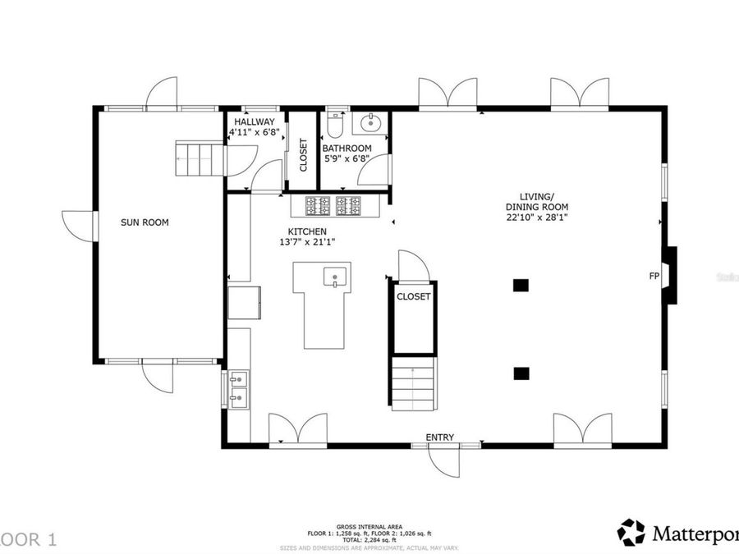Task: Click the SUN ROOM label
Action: pos(145,222)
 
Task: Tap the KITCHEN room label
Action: pos(307,231)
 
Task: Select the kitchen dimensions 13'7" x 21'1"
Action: pos(307,242)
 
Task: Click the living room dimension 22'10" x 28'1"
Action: pos(537,217)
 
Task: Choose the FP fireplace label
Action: pos(654,277)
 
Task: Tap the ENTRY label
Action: pos(439,437)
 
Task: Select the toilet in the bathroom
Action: pos(333,125)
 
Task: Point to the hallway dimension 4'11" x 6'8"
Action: pos(254,132)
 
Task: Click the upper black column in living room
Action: pos(520,286)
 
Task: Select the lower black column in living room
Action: pos(520,373)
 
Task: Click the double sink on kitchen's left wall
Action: pos(238,389)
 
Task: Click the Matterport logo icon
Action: pos(631,532)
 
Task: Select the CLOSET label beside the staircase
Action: pos(413,297)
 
